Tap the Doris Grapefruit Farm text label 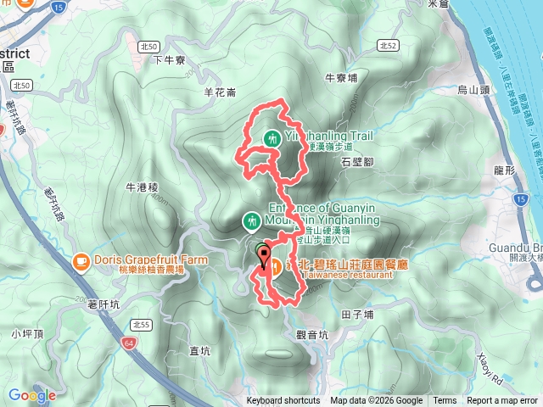click(136, 259)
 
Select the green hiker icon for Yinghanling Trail click(272, 137)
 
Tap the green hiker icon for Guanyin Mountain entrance click(251, 221)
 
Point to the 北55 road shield click(140, 324)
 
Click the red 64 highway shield click(128, 343)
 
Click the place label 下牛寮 click(168, 59)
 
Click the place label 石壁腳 click(356, 159)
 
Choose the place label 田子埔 click(357, 313)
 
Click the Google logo click(31, 395)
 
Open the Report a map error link click(502, 401)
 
